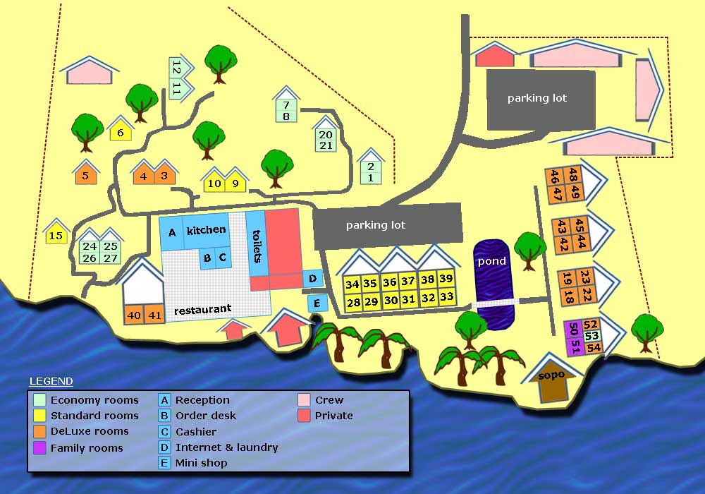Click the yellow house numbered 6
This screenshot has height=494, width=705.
tap(121, 133)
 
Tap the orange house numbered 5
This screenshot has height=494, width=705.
tap(85, 176)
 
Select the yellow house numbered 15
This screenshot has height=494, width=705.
tap(56, 236)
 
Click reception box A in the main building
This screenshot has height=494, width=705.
tap(171, 231)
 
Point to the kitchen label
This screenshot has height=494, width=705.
tap(206, 230)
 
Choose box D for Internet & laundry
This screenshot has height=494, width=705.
tap(313, 279)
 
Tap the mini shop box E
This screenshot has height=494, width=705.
tap(317, 304)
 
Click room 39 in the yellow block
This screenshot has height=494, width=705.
tap(446, 279)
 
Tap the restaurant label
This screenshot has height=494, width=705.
tap(202, 310)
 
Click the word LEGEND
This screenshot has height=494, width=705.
tap(51, 382)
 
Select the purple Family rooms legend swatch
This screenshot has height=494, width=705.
tap(39, 447)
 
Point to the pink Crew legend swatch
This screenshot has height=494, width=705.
tap(304, 400)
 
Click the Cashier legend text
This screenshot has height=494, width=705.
tap(196, 431)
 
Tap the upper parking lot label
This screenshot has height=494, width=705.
tap(537, 98)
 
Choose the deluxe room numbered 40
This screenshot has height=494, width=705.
tap(134, 315)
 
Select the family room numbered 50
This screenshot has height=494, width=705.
tap(572, 330)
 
